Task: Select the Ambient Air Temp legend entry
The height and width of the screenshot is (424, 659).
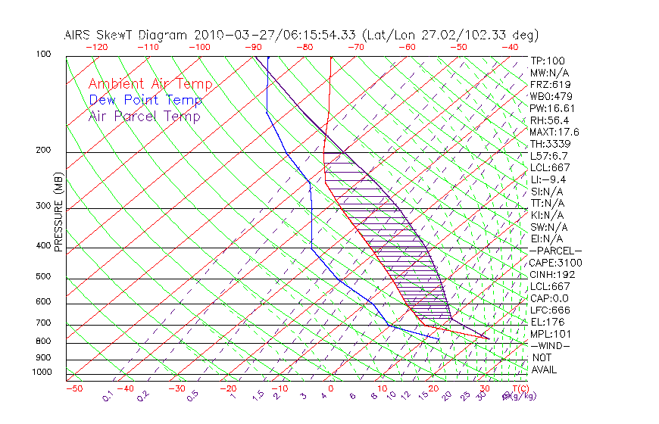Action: coord(150,84)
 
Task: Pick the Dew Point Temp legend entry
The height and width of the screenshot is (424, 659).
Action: coord(145,100)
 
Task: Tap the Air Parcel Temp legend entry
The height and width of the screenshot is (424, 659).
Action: coord(144,116)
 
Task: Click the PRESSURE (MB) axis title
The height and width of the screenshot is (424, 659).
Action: coord(58,213)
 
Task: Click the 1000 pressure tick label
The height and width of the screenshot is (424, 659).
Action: coord(41,372)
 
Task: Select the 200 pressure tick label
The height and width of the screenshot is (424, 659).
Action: coord(43,151)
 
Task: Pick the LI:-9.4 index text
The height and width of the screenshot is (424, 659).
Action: coord(548,179)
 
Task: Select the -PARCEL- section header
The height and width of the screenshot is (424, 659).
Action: coord(555,251)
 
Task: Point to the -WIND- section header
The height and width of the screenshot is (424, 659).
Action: coord(551,345)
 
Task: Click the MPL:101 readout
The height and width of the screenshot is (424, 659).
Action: coord(551,334)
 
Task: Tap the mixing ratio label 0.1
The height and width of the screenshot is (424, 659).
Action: coord(108,396)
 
